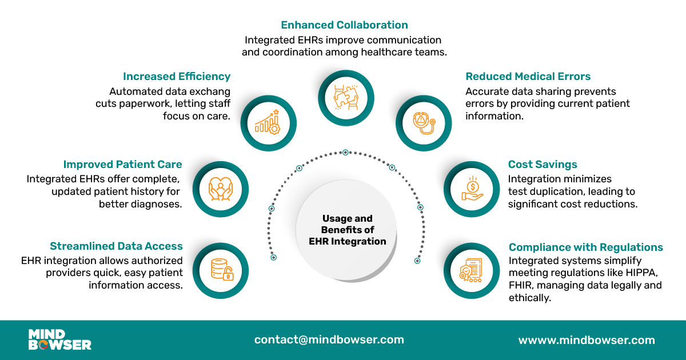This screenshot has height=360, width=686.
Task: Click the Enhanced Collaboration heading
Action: (344, 25)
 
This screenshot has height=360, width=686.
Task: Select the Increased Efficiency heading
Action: (177, 77)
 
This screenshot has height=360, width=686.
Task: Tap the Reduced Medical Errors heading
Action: (528, 77)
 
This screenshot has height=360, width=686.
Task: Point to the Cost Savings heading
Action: (543, 165)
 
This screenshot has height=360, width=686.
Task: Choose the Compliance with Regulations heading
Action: (585, 247)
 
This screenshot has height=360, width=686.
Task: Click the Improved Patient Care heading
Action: (122, 165)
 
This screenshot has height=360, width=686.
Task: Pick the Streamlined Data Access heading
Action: (116, 246)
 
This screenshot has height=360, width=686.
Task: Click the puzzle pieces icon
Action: (346, 97)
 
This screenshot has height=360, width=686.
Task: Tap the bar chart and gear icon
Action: (268, 121)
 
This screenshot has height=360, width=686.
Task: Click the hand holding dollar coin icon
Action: (472, 189)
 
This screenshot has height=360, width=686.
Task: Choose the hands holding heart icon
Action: (220, 189)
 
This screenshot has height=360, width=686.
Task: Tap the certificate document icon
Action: (472, 270)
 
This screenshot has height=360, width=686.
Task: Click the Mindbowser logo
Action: (59, 339)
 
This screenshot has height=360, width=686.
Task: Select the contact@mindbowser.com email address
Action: (329, 339)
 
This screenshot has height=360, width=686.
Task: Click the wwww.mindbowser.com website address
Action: (586, 340)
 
